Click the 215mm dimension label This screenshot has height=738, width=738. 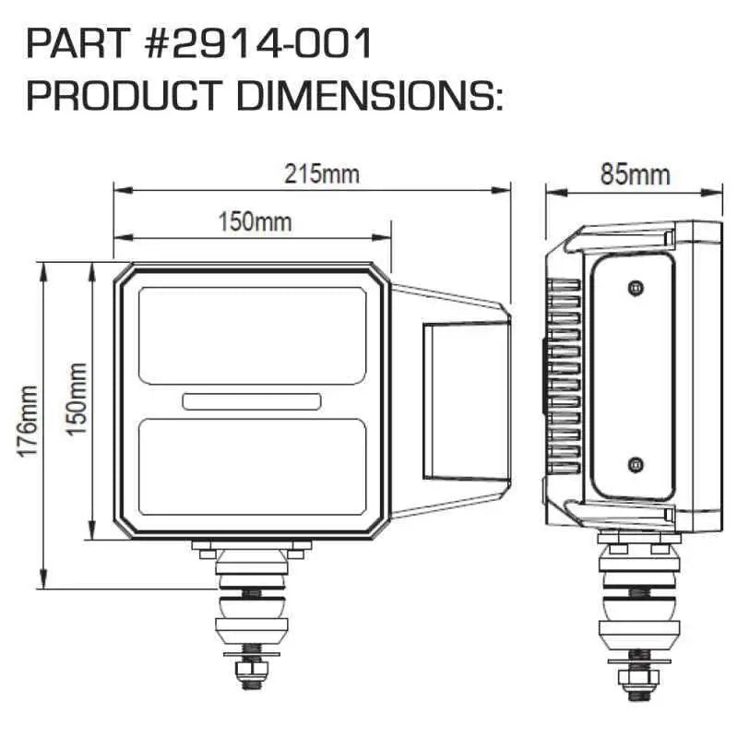pos(322,174)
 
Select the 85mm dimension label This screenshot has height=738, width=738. pos(635,174)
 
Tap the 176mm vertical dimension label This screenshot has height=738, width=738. pos(28,421)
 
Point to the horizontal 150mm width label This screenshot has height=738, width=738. pos(256,221)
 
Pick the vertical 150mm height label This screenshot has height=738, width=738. pos(77,399)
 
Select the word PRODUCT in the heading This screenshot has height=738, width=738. pos(124,96)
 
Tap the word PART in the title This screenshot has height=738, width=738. pos(78,43)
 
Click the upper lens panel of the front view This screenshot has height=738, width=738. pos(252,336)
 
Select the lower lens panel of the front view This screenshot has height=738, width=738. pos(252,467)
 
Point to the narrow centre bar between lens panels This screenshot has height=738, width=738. pos(252,401)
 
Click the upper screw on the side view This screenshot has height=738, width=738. pos(636,287)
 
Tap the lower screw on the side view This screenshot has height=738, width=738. pos(636,465)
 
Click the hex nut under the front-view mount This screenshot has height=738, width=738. pos(251,668)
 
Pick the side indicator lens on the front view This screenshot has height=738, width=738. pos(466,401)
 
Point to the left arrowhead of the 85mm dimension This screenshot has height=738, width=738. pos(556,192)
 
